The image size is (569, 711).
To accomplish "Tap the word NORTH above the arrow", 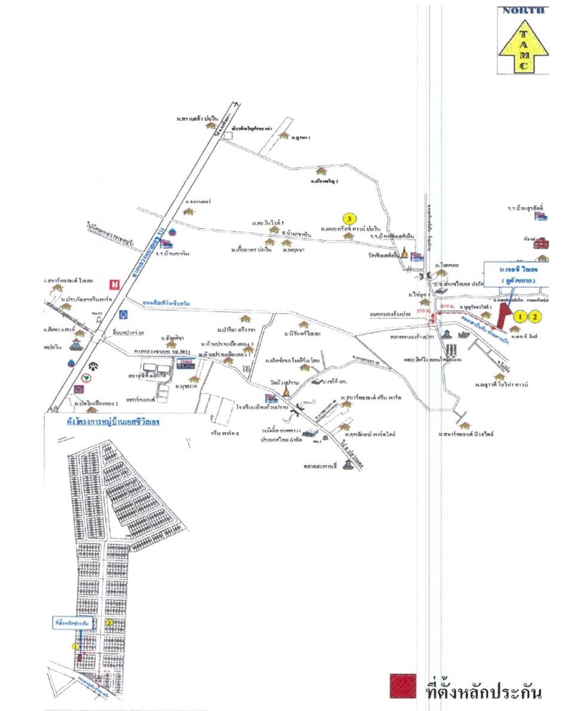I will [523, 10].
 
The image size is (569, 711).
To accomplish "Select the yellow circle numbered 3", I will [349, 218].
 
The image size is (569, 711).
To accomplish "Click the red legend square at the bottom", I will [402, 686].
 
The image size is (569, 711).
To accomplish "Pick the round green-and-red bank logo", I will [87, 378].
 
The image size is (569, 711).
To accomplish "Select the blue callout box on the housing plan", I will [66, 623].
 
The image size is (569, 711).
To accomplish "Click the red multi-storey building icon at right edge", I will [541, 243].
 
